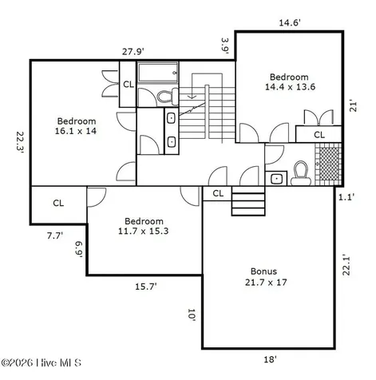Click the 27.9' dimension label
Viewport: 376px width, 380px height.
[133, 51]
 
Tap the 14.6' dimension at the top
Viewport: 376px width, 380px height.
[290, 22]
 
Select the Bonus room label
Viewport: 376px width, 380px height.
[266, 277]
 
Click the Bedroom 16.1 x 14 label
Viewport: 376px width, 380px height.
[76, 126]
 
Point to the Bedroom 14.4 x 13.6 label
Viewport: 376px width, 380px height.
[290, 81]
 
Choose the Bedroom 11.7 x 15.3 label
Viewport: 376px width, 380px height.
[144, 226]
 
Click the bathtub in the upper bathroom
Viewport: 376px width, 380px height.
[158, 73]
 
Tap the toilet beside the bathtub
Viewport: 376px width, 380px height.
[168, 97]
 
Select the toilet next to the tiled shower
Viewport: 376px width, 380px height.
[301, 173]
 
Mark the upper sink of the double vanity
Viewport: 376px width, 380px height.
[171, 118]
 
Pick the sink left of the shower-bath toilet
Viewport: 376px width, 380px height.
[276, 178]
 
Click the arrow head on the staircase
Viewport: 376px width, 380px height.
[192, 97]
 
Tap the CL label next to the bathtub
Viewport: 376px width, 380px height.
[129, 85]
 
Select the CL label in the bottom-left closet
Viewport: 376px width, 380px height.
[58, 204]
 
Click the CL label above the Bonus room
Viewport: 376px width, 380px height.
[218, 193]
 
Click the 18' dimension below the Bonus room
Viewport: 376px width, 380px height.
[270, 359]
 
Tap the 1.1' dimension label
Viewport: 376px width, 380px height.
[346, 197]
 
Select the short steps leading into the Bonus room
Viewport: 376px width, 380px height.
[248, 201]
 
